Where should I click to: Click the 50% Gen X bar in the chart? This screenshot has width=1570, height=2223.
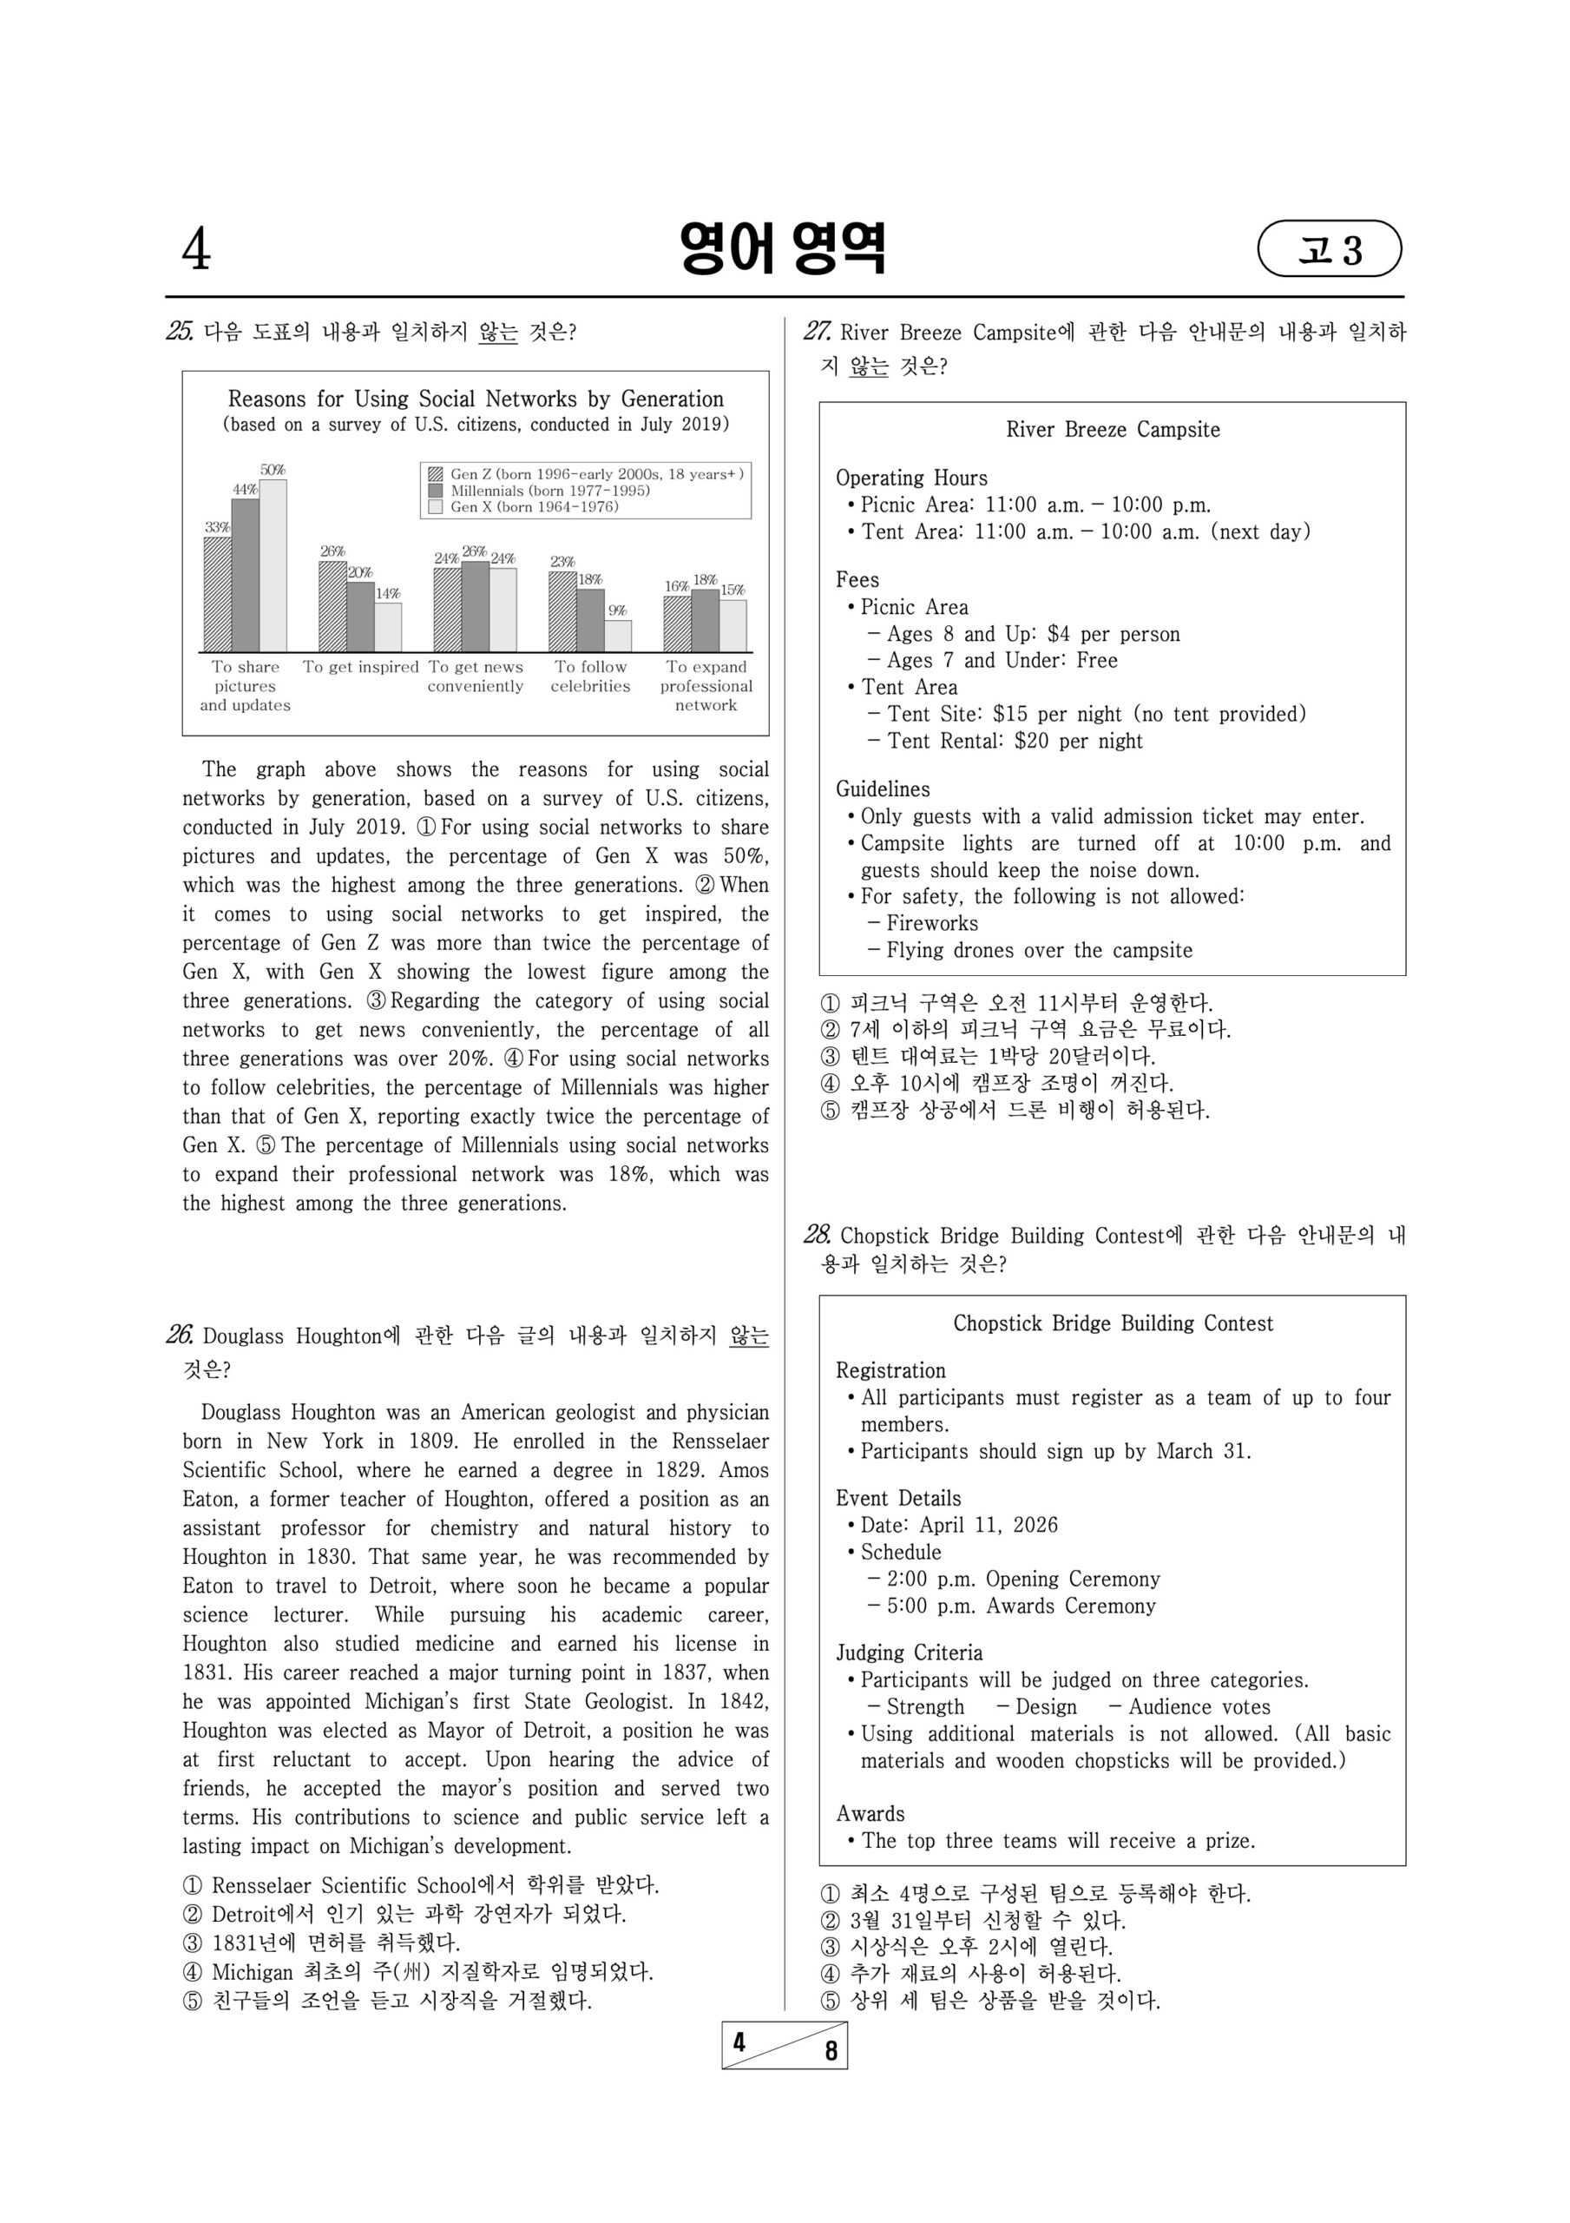273,565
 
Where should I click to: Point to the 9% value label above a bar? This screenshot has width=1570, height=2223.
618,611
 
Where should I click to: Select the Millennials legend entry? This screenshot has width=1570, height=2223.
549,491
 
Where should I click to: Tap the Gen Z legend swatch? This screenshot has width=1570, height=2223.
436,474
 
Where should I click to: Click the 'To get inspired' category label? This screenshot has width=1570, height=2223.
360,667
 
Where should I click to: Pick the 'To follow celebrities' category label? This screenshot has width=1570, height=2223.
590,676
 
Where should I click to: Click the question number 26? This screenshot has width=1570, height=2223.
180,1336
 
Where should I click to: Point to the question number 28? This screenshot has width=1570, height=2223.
817,1235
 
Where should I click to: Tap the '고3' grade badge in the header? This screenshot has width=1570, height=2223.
1329,250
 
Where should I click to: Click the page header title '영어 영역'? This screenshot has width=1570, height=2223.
782,249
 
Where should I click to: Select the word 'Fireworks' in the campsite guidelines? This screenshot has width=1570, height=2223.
932,923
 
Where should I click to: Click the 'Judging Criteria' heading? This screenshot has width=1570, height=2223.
909,1652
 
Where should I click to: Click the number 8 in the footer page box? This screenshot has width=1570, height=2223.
831,2051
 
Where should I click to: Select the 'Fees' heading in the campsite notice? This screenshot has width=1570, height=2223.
857,580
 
